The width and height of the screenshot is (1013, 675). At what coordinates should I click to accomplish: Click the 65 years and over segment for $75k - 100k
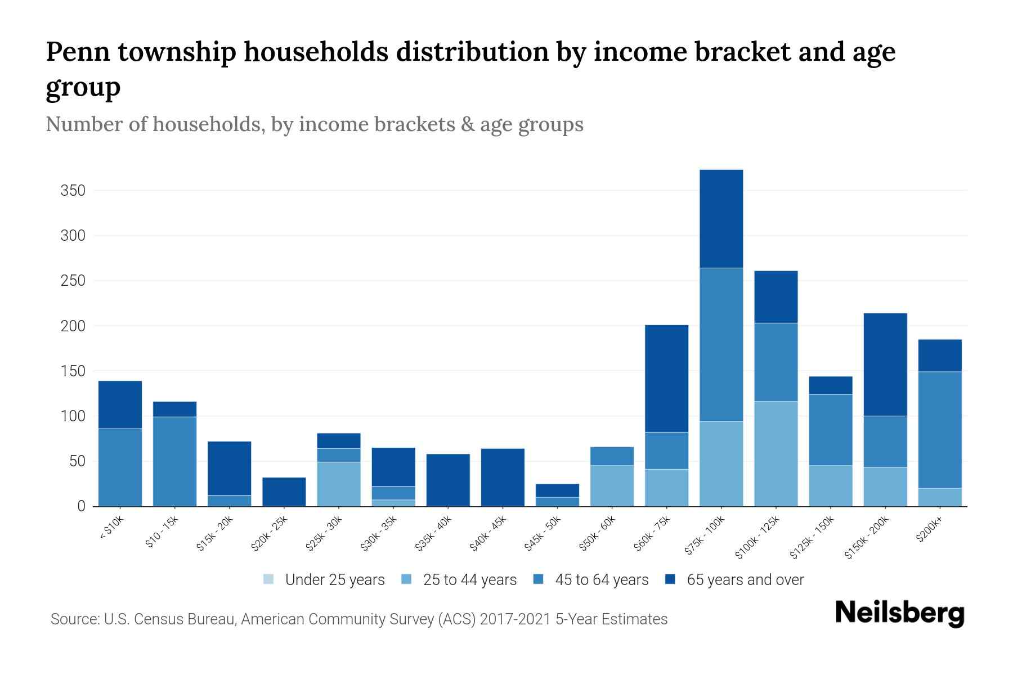pyautogui.click(x=721, y=218)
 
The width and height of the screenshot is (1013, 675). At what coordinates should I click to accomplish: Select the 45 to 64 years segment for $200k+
pyautogui.click(x=940, y=430)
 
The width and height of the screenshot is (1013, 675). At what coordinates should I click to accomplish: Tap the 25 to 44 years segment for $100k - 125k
pyautogui.click(x=776, y=453)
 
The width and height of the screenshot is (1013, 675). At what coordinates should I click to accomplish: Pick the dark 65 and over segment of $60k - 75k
pyautogui.click(x=666, y=378)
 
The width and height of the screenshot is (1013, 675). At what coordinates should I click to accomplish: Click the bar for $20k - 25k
pyautogui.click(x=284, y=492)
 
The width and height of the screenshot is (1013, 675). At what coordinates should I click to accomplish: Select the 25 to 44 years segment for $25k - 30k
pyautogui.click(x=339, y=484)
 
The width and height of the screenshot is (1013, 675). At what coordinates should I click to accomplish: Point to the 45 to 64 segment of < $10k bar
pyautogui.click(x=120, y=467)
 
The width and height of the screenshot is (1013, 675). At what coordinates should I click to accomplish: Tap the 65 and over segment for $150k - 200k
pyautogui.click(x=885, y=364)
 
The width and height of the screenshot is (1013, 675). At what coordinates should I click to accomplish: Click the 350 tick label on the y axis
pyautogui.click(x=73, y=191)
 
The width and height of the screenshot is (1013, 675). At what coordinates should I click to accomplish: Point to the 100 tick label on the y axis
pyautogui.click(x=73, y=416)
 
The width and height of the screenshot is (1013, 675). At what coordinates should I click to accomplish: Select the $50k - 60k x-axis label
pyautogui.click(x=598, y=533)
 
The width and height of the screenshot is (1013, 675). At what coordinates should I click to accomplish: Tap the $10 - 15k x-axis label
pyautogui.click(x=162, y=532)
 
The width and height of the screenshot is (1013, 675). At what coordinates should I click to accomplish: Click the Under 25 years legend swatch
pyautogui.click(x=269, y=579)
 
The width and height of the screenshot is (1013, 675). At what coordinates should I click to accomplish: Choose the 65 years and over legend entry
pyautogui.click(x=745, y=580)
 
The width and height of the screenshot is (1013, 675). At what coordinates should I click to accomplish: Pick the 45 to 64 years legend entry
pyautogui.click(x=601, y=580)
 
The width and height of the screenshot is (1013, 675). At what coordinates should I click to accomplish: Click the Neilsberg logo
pyautogui.click(x=899, y=613)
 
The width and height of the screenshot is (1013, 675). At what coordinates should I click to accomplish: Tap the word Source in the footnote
pyautogui.click(x=74, y=619)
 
